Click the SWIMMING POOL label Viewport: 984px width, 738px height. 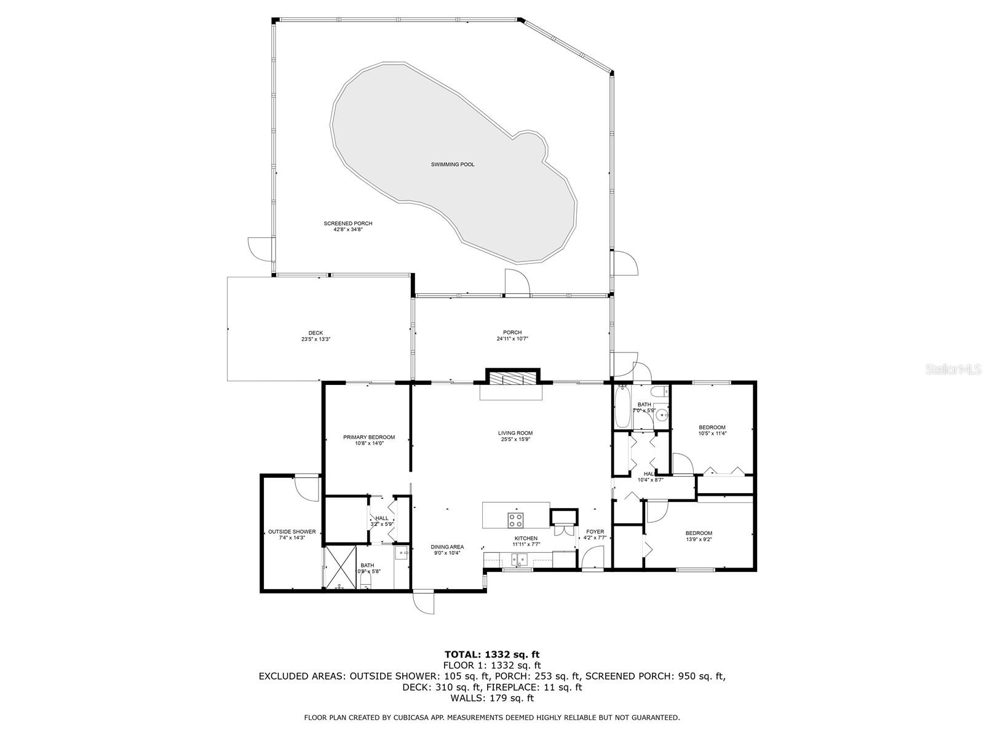[453, 165]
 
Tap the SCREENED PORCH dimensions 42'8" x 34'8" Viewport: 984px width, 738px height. [348, 230]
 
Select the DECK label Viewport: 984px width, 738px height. [315, 333]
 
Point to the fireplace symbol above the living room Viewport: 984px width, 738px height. [512, 378]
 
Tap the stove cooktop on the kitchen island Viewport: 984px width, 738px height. [515, 520]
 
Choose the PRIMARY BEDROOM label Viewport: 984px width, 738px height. [369, 437]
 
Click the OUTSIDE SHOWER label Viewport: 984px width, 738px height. [292, 532]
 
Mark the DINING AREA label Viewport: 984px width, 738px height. [447, 547]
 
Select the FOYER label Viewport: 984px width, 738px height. [595, 531]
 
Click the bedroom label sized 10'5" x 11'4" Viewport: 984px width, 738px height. [712, 427]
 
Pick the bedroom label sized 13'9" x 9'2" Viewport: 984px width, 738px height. [699, 533]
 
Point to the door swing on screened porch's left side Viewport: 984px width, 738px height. [259, 247]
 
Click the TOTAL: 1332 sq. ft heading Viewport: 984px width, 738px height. [491, 654]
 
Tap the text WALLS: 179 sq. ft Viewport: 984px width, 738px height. [491, 698]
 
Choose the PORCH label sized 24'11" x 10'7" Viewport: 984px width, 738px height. [512, 333]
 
